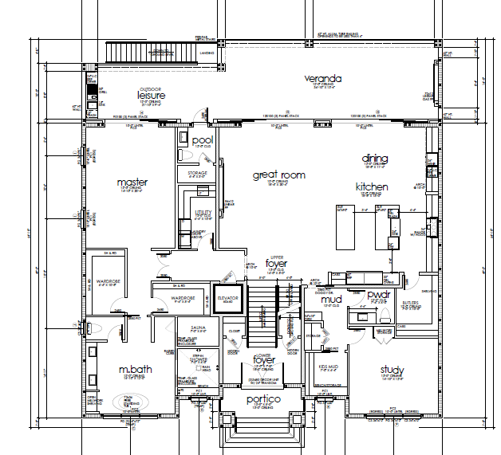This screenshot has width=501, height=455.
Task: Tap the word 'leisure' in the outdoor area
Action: (151, 96)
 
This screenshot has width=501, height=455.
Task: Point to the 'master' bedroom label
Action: (132, 182)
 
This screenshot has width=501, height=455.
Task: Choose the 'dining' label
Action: (374, 158)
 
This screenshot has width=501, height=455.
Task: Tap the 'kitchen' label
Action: (372, 187)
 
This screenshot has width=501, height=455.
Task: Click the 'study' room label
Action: (392, 370)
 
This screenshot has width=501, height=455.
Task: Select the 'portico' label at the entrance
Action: (263, 398)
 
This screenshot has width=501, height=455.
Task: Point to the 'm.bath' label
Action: (136, 371)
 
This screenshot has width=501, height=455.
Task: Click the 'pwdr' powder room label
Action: (377, 295)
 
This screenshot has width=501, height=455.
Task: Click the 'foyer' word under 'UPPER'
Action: (276, 263)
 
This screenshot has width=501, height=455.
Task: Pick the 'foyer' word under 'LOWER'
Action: (264, 360)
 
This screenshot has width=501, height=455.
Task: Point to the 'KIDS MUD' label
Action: (329, 367)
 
